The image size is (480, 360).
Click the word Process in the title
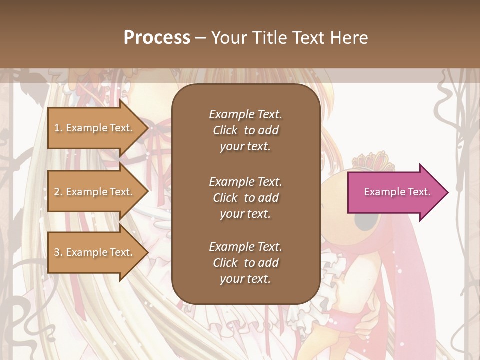coord(157,38)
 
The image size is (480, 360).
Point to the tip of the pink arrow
coord(447,192)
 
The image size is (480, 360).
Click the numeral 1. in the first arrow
coord(58,128)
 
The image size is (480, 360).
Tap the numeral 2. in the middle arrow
coord(58,192)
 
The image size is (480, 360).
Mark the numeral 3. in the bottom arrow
coord(58,252)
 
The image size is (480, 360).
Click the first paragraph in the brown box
coord(245,130)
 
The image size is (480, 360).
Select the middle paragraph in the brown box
coord(245,198)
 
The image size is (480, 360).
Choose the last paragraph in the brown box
coord(245,263)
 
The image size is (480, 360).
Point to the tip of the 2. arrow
coord(148,192)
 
